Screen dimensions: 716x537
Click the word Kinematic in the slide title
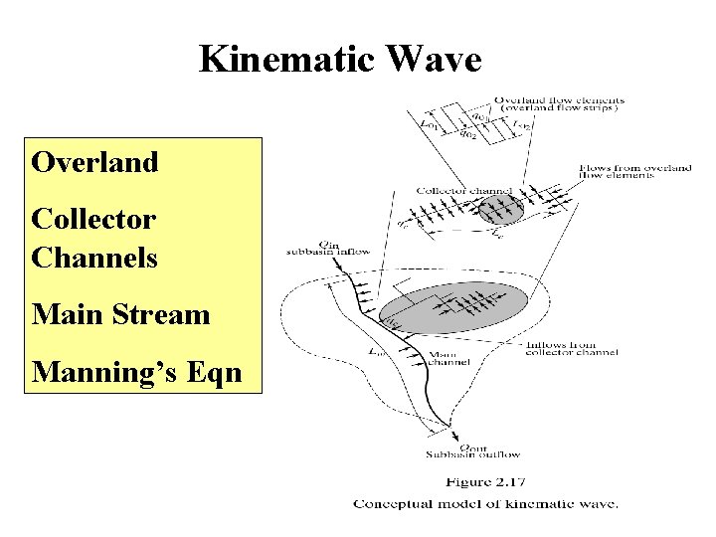[x=290, y=60]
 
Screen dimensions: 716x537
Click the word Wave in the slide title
[x=438, y=60]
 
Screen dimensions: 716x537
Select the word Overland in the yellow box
[x=94, y=162]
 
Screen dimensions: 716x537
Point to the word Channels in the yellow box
[x=94, y=258]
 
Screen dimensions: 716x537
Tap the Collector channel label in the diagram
[x=463, y=190]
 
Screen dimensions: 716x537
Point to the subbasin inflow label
[x=328, y=252]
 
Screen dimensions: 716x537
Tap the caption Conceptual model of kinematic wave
[x=485, y=504]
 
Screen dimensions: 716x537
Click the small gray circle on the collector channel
[x=499, y=209]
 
